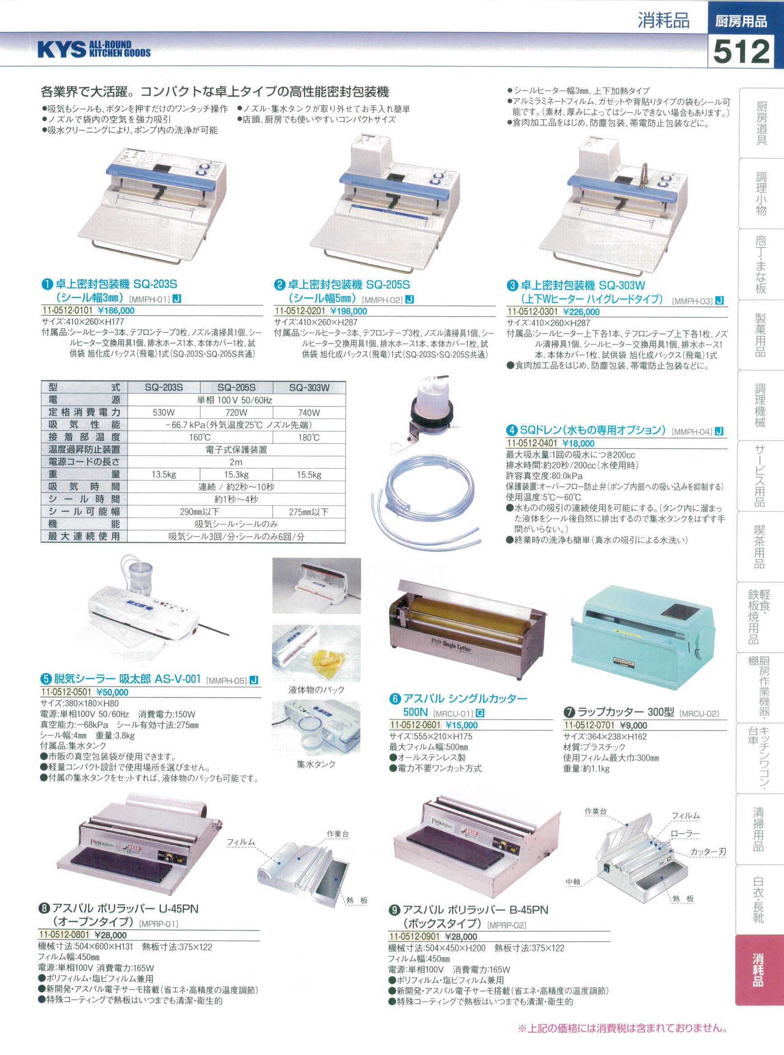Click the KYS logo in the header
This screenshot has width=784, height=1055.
pos(94,49)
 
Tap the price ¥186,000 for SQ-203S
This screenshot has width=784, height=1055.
pos(116,311)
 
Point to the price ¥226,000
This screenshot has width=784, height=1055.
pos(581,312)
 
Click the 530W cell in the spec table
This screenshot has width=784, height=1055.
pos(164,412)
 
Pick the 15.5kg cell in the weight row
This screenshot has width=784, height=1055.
pos(309,475)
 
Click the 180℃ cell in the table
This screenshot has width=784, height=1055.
pos(309,437)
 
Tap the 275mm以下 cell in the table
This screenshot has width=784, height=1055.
pos(309,512)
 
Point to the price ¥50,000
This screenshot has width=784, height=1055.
pos(112,692)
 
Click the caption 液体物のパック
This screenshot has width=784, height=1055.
pos(317,690)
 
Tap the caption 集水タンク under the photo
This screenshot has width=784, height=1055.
pos(316,764)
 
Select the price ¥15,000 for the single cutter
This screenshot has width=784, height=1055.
pos(461,725)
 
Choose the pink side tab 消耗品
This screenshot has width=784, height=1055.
pos(758,958)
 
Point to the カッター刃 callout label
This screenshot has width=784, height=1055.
pos(708,852)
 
